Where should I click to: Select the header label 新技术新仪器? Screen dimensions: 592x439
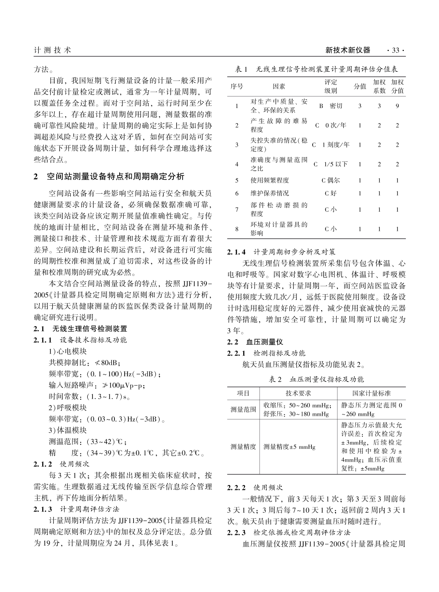pos(348,50)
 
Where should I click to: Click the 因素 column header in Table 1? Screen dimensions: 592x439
pos(279,86)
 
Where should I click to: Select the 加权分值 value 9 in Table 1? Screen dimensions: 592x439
pos(397,106)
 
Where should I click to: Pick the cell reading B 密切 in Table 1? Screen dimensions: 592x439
pos(331,106)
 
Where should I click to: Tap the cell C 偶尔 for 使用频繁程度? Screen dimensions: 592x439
pos(331,181)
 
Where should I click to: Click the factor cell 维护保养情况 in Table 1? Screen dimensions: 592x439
pos(270,193)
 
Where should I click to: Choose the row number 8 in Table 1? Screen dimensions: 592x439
pos(237,229)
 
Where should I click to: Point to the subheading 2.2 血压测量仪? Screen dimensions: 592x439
pos(255,342)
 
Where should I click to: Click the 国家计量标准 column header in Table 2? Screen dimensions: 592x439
pos(371,393)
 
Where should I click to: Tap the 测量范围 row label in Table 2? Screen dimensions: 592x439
pos(243,409)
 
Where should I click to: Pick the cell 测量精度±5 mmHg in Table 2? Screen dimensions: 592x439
pos(289,447)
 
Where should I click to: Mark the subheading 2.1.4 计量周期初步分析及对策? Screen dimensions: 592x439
pos(282,252)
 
